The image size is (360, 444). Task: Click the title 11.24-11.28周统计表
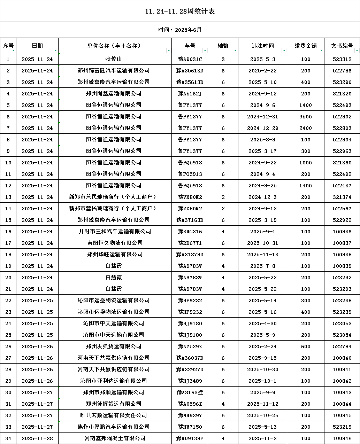pyautogui.click(x=180, y=11)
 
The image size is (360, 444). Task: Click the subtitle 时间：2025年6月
pyautogui.click(x=180, y=30)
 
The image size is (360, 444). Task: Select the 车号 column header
pyautogui.click(x=190, y=46)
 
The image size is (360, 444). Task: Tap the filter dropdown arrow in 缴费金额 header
pyautogui.click(x=321, y=50)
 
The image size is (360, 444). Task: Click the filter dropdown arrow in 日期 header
pyautogui.click(x=55, y=50)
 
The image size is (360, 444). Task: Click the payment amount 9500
pyautogui.click(x=306, y=117)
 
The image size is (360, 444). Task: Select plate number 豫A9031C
pyautogui.click(x=190, y=59)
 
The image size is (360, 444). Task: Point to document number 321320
pyautogui.click(x=342, y=94)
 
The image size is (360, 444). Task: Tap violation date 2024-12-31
pyautogui.click(x=262, y=117)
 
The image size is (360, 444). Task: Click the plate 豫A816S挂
pyautogui.click(x=190, y=392)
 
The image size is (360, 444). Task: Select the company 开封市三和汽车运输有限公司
pyautogui.click(x=115, y=232)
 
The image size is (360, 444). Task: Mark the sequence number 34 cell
pyautogui.click(x=8, y=438)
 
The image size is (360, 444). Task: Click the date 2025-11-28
pyautogui.click(x=37, y=438)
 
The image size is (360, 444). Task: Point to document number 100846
pyautogui.click(x=342, y=438)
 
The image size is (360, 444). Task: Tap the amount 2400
pyautogui.click(x=306, y=128)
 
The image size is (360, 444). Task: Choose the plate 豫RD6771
pyautogui.click(x=190, y=243)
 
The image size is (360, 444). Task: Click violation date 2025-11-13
pyautogui.click(x=262, y=255)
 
